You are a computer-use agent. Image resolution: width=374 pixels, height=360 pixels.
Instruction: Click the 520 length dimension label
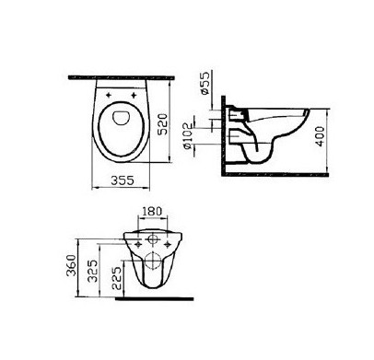(164, 124)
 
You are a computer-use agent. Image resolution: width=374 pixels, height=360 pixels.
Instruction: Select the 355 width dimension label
(123, 180)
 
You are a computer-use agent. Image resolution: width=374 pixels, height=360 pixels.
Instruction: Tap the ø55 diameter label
(205, 83)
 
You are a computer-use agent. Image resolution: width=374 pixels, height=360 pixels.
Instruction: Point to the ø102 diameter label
(187, 136)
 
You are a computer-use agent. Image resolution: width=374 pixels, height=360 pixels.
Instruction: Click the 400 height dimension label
(320, 136)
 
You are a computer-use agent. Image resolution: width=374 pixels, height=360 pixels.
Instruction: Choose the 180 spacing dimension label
(153, 211)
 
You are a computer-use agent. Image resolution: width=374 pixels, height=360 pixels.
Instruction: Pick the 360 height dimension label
(71, 265)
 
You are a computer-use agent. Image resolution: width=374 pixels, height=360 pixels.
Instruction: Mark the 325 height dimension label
(93, 271)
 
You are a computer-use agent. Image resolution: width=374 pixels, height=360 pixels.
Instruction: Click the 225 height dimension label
(116, 278)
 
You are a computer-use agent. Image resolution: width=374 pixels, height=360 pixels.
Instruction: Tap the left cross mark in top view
(109, 96)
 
